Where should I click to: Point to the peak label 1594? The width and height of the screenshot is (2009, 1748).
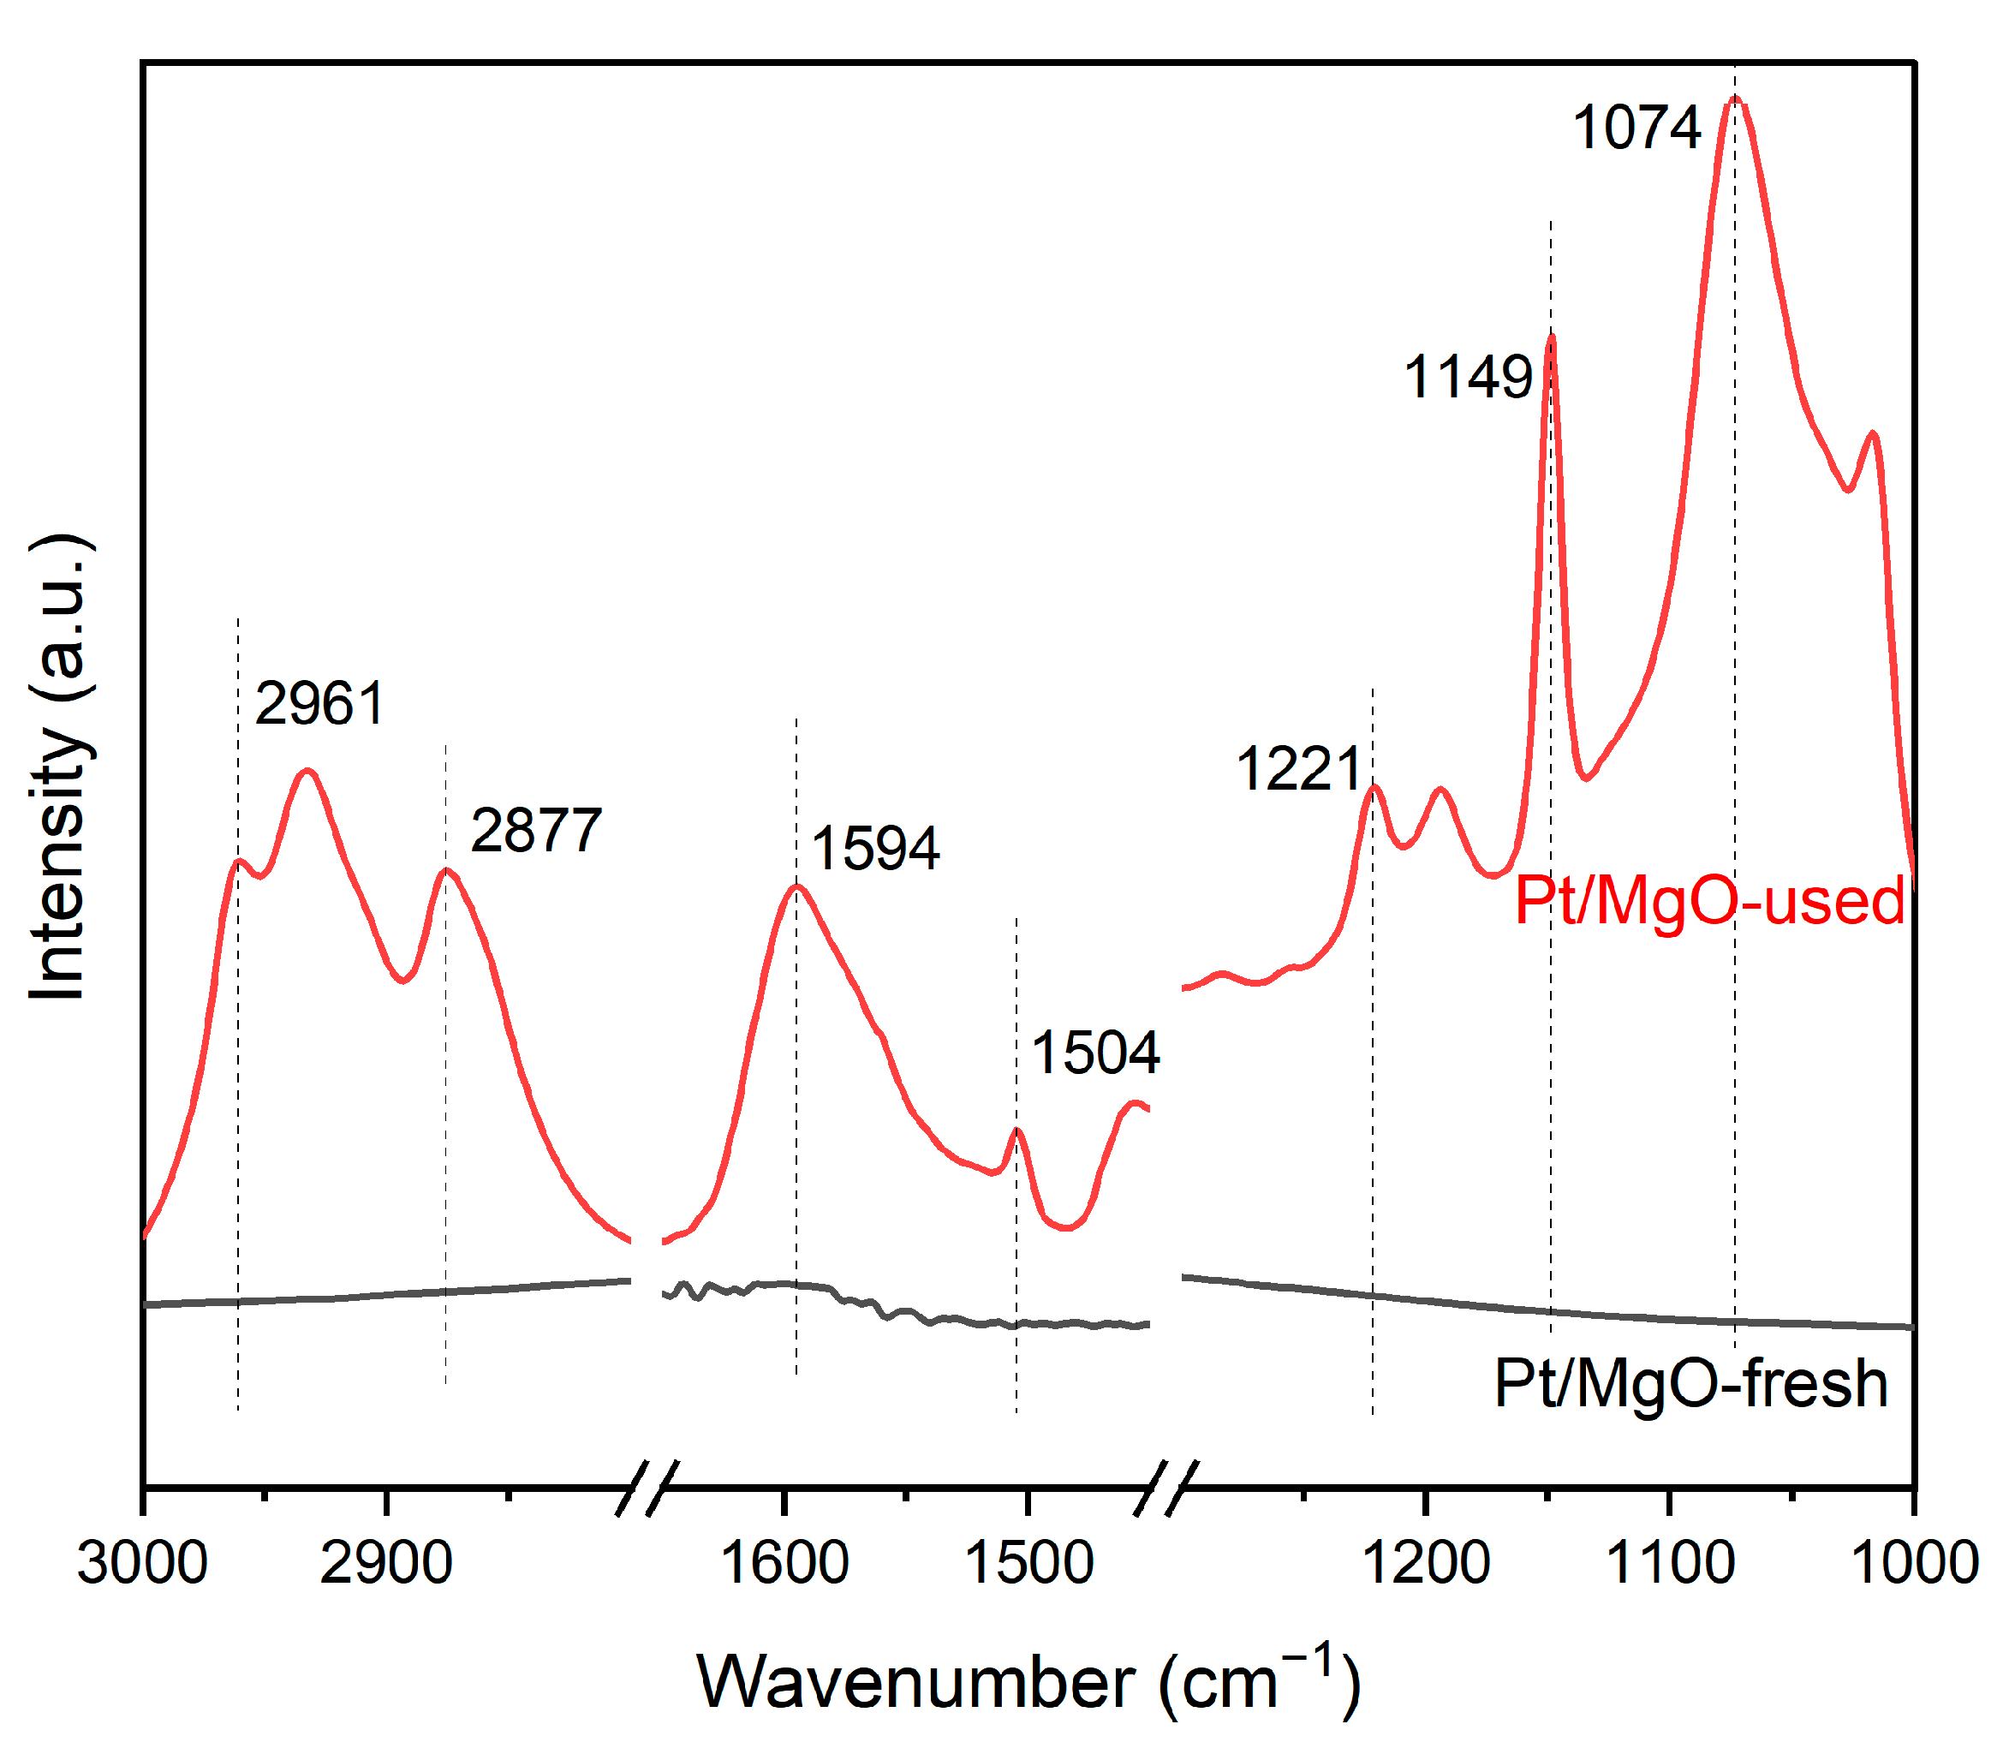(875, 848)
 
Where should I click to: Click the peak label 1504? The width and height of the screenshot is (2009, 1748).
(1094, 1053)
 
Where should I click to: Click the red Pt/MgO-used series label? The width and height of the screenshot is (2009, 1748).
(1708, 900)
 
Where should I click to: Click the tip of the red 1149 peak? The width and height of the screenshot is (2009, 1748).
(1551, 337)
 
